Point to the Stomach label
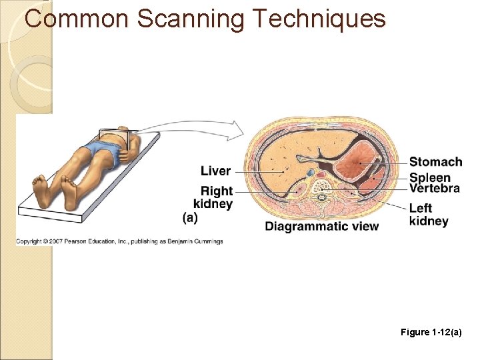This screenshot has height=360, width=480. (x=435, y=162)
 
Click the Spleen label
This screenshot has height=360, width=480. (x=429, y=178)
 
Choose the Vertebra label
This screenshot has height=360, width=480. (x=435, y=188)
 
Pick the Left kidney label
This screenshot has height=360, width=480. (x=429, y=215)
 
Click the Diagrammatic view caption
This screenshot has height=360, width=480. (x=321, y=226)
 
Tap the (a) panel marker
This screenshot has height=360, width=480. (x=189, y=217)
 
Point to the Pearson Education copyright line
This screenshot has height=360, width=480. (x=119, y=241)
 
